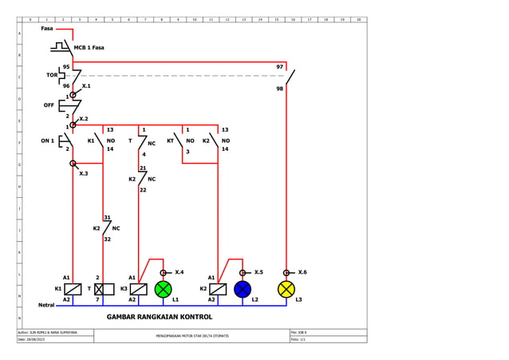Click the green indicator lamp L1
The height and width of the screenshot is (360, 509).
pos(163,289)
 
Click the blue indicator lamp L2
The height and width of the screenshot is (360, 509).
pos(243,289)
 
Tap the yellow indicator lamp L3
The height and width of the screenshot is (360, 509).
pos(286,289)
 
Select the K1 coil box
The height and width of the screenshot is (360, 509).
pos(73,289)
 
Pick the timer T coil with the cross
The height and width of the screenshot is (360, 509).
pos(104,289)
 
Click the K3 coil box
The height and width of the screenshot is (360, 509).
pos(138,289)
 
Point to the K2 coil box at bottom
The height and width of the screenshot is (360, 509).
pos(217,289)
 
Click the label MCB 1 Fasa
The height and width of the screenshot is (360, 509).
pos(89,48)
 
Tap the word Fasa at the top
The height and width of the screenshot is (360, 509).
pos(47,29)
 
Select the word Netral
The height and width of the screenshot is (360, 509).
pos(46,305)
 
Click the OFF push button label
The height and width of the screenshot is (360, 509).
pos(49,105)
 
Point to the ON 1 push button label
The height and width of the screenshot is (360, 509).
pos(48,140)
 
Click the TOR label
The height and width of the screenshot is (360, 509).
pos(51,75)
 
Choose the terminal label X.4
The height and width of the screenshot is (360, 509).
pos(179,272)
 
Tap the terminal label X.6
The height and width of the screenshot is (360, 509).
pos(302,272)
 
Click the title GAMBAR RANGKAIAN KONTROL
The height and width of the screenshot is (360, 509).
pos(160,317)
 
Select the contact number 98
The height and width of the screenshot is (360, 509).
pos(279,89)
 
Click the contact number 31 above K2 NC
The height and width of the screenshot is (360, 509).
pos(107,217)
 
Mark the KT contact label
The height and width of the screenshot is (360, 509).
pos(170,140)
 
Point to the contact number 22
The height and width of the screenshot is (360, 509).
pos(143,190)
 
